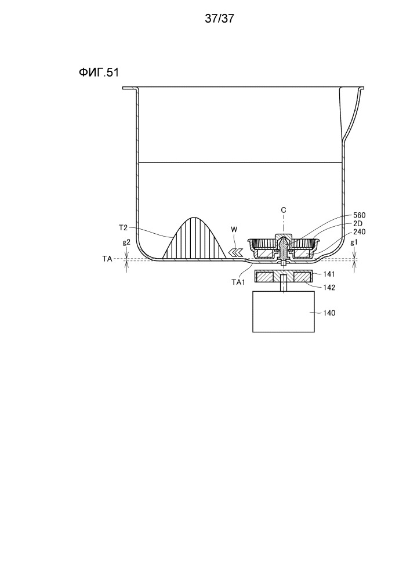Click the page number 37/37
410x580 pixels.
pyautogui.click(x=219, y=18)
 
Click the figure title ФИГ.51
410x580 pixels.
pyautogui.click(x=99, y=72)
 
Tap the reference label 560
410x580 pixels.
pyautogui.click(x=360, y=215)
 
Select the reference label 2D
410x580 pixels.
pyautogui.click(x=358, y=223)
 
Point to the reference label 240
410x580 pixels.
pyautogui.click(x=360, y=232)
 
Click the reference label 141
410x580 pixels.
pyautogui.click(x=329, y=274)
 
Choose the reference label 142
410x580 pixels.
pyautogui.click(x=329, y=288)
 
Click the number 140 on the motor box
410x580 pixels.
pyautogui.click(x=329, y=313)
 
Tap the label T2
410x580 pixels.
pyautogui.click(x=123, y=227)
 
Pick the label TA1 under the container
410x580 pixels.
pyautogui.click(x=238, y=282)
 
